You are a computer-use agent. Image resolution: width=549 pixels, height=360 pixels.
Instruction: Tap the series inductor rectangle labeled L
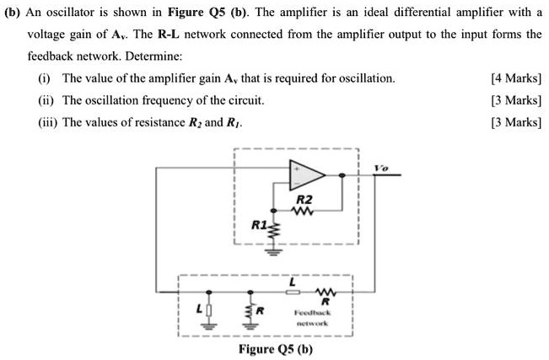pyautogui.click(x=293, y=294)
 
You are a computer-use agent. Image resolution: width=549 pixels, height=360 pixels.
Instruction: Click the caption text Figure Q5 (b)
pyautogui.click(x=276, y=349)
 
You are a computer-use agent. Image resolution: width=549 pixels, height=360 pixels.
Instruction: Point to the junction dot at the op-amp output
pyautogui.click(x=342, y=175)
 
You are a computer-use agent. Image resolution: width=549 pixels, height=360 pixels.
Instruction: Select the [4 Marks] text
pyautogui.click(x=515, y=78)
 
